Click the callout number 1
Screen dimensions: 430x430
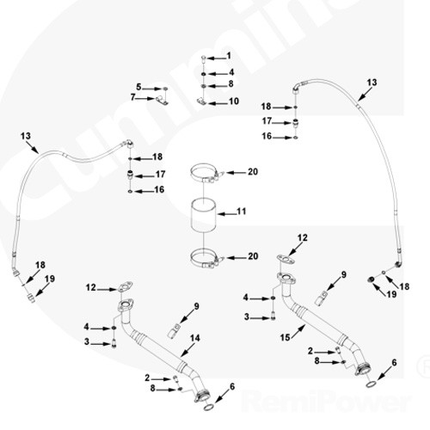(229, 56)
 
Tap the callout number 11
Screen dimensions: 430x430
(242, 212)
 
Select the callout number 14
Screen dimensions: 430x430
(195, 338)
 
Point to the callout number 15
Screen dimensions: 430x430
(286, 338)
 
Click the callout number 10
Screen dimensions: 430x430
(234, 101)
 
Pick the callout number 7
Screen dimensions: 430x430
(132, 97)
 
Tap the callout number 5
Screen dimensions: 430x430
(138, 87)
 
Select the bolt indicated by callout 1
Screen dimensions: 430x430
(203, 58)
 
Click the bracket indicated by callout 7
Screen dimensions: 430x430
(162, 101)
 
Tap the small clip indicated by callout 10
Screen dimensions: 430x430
(202, 101)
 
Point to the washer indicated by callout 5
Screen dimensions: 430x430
(165, 89)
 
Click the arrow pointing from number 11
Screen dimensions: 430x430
(227, 213)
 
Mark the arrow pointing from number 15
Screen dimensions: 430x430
(298, 333)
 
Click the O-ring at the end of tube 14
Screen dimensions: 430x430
(208, 408)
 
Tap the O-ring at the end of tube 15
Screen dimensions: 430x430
(371, 384)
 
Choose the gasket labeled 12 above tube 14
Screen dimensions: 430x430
(125, 286)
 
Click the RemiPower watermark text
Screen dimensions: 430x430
(327, 401)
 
